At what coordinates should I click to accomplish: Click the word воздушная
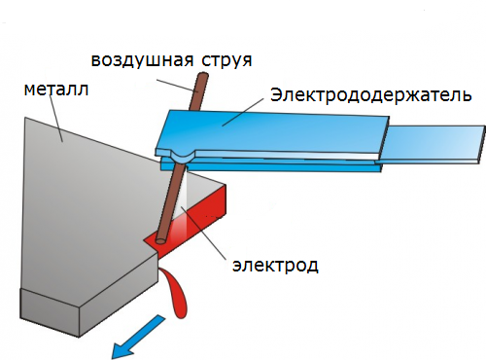142,60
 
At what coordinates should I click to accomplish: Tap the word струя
226,60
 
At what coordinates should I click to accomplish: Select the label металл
56,90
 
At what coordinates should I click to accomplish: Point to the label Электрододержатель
370,95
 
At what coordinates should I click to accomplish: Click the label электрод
275,266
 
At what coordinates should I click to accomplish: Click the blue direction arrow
138,337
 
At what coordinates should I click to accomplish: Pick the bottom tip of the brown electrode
160,241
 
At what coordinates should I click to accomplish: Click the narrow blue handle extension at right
434,144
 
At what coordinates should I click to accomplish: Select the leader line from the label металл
55,118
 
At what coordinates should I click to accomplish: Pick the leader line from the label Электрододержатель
243,112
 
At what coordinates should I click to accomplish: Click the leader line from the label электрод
203,233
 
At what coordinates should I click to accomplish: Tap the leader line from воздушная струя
177,86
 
